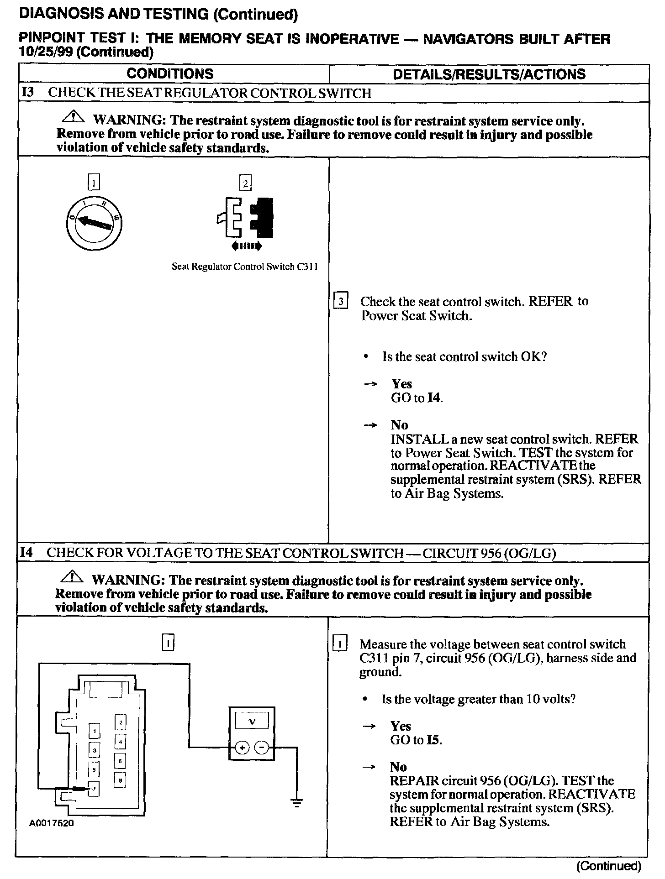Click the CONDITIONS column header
point(170,74)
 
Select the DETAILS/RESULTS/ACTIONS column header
point(489,74)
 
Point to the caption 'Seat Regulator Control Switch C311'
point(244,267)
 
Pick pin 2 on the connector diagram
point(120,722)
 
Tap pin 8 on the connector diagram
point(120,781)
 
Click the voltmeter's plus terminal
point(242,748)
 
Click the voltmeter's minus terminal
point(261,748)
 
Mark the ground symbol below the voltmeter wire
point(297,804)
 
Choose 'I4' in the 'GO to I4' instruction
point(435,398)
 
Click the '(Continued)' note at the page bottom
point(609,866)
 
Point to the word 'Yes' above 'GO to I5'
point(401,726)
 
